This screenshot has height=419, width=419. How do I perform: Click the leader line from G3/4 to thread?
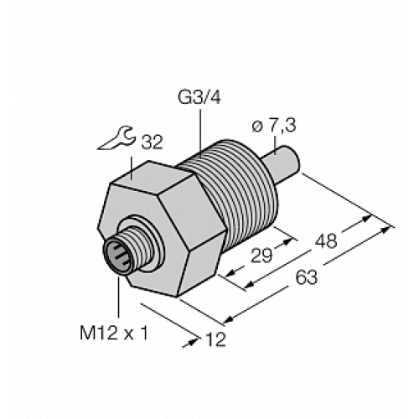point(200,131)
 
